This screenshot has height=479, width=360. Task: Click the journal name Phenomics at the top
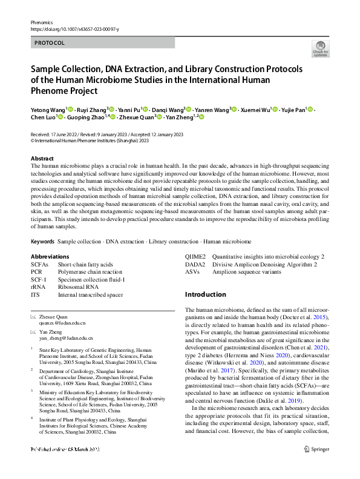pos(42,21)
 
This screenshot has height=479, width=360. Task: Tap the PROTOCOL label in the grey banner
pos(50,43)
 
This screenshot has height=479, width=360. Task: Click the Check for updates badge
pos(320,48)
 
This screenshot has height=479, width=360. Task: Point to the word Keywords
pos(43,241)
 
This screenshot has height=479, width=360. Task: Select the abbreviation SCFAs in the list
pos(40,265)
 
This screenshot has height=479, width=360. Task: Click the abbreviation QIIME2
pos(195,256)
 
